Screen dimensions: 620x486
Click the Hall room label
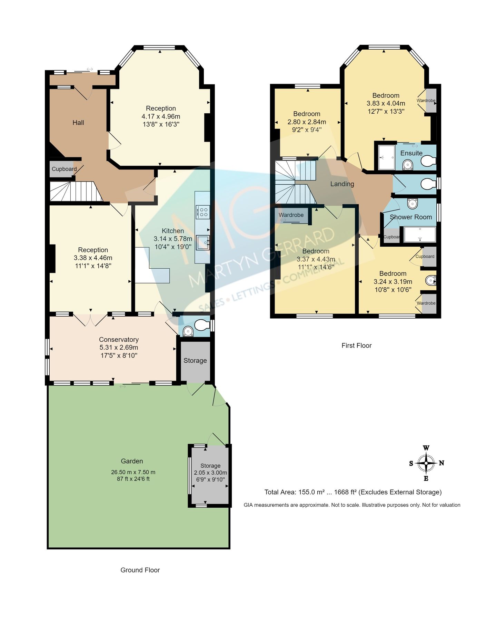point(78,123)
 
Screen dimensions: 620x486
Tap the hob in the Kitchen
point(202,212)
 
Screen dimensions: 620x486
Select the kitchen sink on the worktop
point(202,242)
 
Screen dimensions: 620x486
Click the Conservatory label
point(119,340)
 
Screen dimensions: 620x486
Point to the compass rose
point(426,463)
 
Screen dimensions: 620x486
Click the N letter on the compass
point(442,463)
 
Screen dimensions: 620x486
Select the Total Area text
point(353,492)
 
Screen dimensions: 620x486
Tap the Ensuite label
point(411,153)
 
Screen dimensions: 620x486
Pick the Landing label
point(342,184)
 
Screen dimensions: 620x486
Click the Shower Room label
point(411,217)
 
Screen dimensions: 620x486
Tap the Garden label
point(132,461)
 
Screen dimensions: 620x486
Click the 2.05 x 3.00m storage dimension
point(210,473)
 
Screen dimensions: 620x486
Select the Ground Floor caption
point(140,570)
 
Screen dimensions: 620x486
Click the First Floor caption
point(356,345)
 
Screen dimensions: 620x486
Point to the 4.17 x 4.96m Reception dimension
point(161,116)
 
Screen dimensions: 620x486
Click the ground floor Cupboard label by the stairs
point(64,169)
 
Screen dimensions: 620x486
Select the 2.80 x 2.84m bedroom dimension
point(307,122)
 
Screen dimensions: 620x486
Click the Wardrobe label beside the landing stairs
point(291,215)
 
